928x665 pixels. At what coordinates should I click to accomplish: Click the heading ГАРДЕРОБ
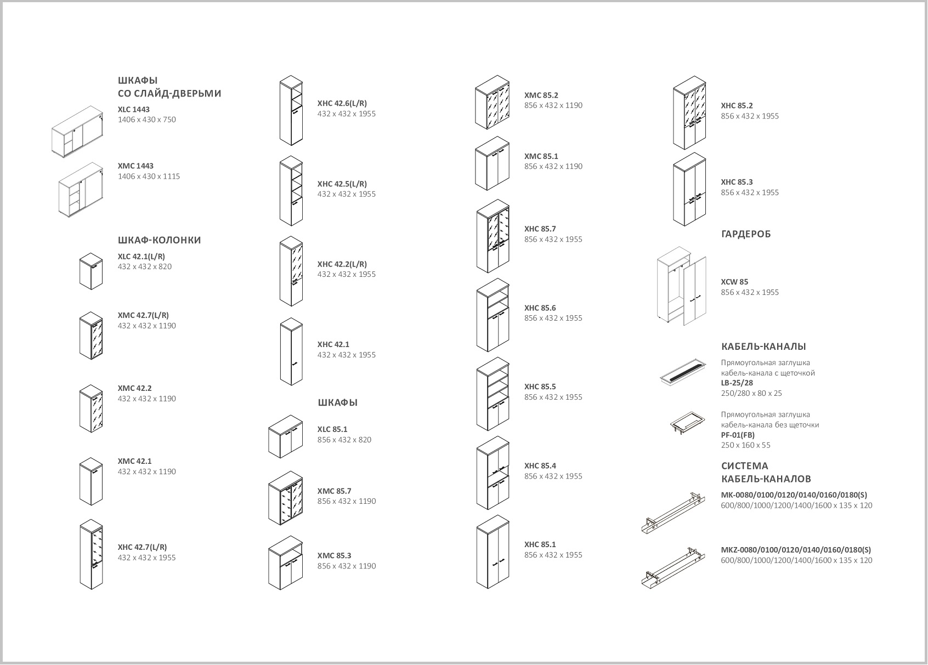pos(746,234)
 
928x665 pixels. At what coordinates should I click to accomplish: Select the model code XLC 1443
pos(133,109)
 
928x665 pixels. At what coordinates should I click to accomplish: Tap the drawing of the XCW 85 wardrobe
pos(682,286)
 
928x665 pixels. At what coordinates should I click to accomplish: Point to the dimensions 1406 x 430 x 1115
pos(149,177)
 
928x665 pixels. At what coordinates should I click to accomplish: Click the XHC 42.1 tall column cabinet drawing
pos(291,351)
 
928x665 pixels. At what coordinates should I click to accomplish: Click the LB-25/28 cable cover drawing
pos(683,372)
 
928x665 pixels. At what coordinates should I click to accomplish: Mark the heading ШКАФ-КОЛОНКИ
pos(159,240)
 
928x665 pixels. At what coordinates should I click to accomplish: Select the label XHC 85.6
pos(540,308)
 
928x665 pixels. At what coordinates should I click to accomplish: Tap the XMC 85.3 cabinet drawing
pos(285,562)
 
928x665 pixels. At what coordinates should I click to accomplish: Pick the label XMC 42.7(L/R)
pos(143,315)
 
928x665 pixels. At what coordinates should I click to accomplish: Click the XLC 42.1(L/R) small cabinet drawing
pos(90,271)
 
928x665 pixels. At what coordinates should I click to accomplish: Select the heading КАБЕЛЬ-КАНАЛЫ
pos(763,346)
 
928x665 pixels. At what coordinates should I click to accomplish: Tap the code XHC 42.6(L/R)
pos(342,103)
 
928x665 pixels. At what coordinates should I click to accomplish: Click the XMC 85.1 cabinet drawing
pos(492,163)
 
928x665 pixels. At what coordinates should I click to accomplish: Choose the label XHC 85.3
pos(737,182)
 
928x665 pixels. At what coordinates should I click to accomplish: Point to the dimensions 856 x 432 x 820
pos(344,440)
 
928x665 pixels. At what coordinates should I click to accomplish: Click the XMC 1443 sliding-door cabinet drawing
pos(81,190)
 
